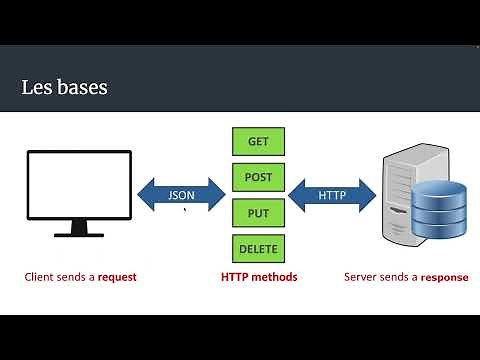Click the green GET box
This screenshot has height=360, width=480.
[x=258, y=141]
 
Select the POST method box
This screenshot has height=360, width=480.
[x=258, y=178]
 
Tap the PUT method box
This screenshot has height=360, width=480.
[x=258, y=213]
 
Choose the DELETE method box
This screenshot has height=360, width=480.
[x=258, y=248]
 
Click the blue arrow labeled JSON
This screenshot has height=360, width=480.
[x=181, y=195]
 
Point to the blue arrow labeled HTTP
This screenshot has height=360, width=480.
[x=332, y=195]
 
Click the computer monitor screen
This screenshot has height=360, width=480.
[x=79, y=185]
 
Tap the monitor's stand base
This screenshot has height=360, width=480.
[x=79, y=233]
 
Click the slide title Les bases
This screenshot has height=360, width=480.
[x=64, y=88]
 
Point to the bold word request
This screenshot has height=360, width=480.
[x=117, y=277]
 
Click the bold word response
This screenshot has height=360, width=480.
[x=444, y=277]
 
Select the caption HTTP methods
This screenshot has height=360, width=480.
[x=258, y=277]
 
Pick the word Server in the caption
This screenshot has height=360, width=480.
[x=361, y=277]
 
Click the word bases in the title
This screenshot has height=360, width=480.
[x=81, y=88]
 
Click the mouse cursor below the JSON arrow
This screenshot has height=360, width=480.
[x=185, y=209]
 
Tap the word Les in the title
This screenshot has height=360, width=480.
[x=34, y=88]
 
